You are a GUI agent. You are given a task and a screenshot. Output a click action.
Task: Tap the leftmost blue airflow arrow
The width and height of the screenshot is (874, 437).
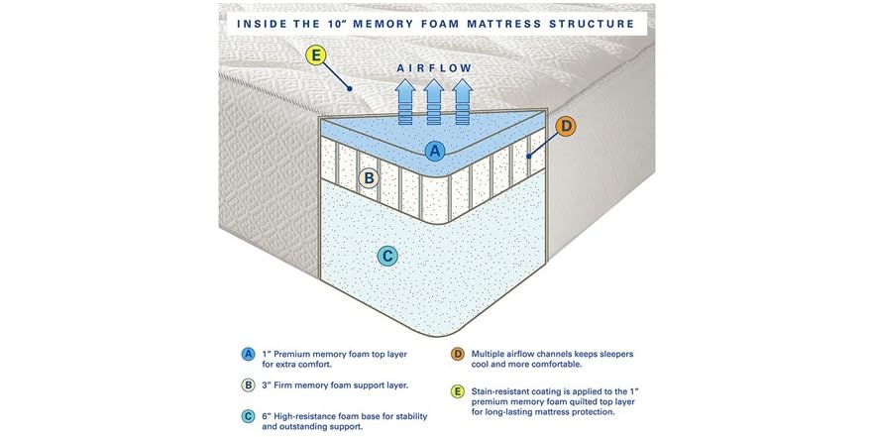point(405,99)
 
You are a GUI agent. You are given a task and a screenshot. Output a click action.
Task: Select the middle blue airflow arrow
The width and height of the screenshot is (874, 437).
point(434,99)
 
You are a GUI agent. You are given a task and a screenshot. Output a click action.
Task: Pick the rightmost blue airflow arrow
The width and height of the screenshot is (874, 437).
point(463,99)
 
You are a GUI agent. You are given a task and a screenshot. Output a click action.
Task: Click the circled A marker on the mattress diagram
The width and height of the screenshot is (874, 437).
point(434,151)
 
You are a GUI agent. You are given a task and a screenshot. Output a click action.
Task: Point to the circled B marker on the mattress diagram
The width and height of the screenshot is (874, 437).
point(369,178)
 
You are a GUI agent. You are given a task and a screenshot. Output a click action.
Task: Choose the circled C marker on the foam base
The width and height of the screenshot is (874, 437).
point(388,256)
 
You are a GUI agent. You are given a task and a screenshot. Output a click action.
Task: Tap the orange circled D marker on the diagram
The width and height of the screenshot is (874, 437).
point(565,126)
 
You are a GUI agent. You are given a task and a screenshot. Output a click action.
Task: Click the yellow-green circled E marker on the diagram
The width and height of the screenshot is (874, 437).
point(316,55)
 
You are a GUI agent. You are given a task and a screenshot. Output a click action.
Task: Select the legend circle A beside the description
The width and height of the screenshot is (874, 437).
point(248,354)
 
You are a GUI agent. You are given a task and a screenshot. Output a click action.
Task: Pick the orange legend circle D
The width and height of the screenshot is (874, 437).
point(457,354)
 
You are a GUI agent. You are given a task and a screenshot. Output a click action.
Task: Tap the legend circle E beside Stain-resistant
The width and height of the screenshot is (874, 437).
point(457,391)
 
